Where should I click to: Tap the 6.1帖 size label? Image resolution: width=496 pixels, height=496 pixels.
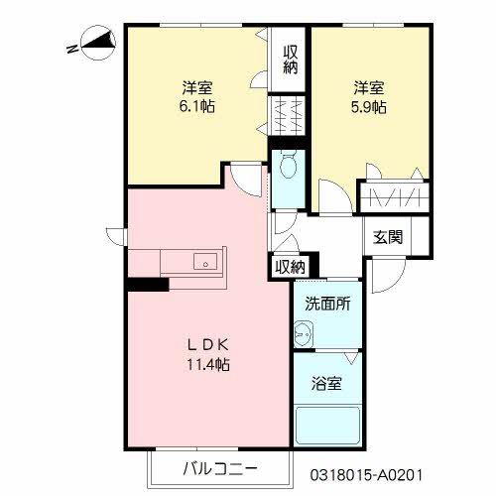[x=197, y=105]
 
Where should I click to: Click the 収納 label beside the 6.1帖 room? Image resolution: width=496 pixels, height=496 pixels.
[x=290, y=60]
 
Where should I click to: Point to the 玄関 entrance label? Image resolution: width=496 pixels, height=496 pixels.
[x=388, y=237]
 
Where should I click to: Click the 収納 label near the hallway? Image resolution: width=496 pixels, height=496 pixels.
[x=290, y=266]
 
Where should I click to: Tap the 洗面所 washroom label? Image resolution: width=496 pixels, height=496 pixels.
[x=327, y=305]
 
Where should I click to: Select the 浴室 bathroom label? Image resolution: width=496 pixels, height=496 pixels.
[x=327, y=384]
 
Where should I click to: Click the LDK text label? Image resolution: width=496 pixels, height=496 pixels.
[x=210, y=344]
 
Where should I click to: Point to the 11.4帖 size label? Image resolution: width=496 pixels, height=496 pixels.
[x=210, y=364]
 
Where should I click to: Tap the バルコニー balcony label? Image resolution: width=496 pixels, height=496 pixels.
[x=220, y=467]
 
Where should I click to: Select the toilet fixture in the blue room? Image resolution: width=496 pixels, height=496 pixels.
[x=289, y=166]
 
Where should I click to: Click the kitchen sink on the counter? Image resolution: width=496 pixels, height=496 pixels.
[x=205, y=262]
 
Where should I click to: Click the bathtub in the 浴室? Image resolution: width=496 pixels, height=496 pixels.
[x=326, y=423]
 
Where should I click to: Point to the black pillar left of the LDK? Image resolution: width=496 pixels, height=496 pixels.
[x=147, y=285]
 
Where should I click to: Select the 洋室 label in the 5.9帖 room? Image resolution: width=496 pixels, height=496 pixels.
[x=367, y=86]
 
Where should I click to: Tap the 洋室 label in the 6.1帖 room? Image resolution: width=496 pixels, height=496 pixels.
[x=197, y=86]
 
